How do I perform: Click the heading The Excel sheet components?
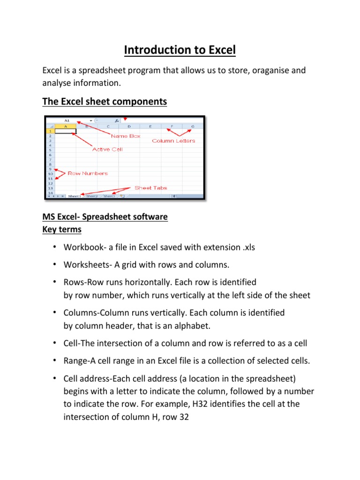click(105, 102)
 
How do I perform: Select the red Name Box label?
click(125, 136)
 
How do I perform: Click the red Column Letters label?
click(173, 141)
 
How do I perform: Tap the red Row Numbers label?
click(88, 173)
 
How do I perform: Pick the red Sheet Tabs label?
click(150, 187)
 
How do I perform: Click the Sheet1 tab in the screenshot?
click(75, 196)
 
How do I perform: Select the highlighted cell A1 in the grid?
click(66, 131)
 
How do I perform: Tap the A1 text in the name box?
click(67, 120)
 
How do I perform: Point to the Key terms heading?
click(62, 229)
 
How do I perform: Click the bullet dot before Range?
click(55, 360)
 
